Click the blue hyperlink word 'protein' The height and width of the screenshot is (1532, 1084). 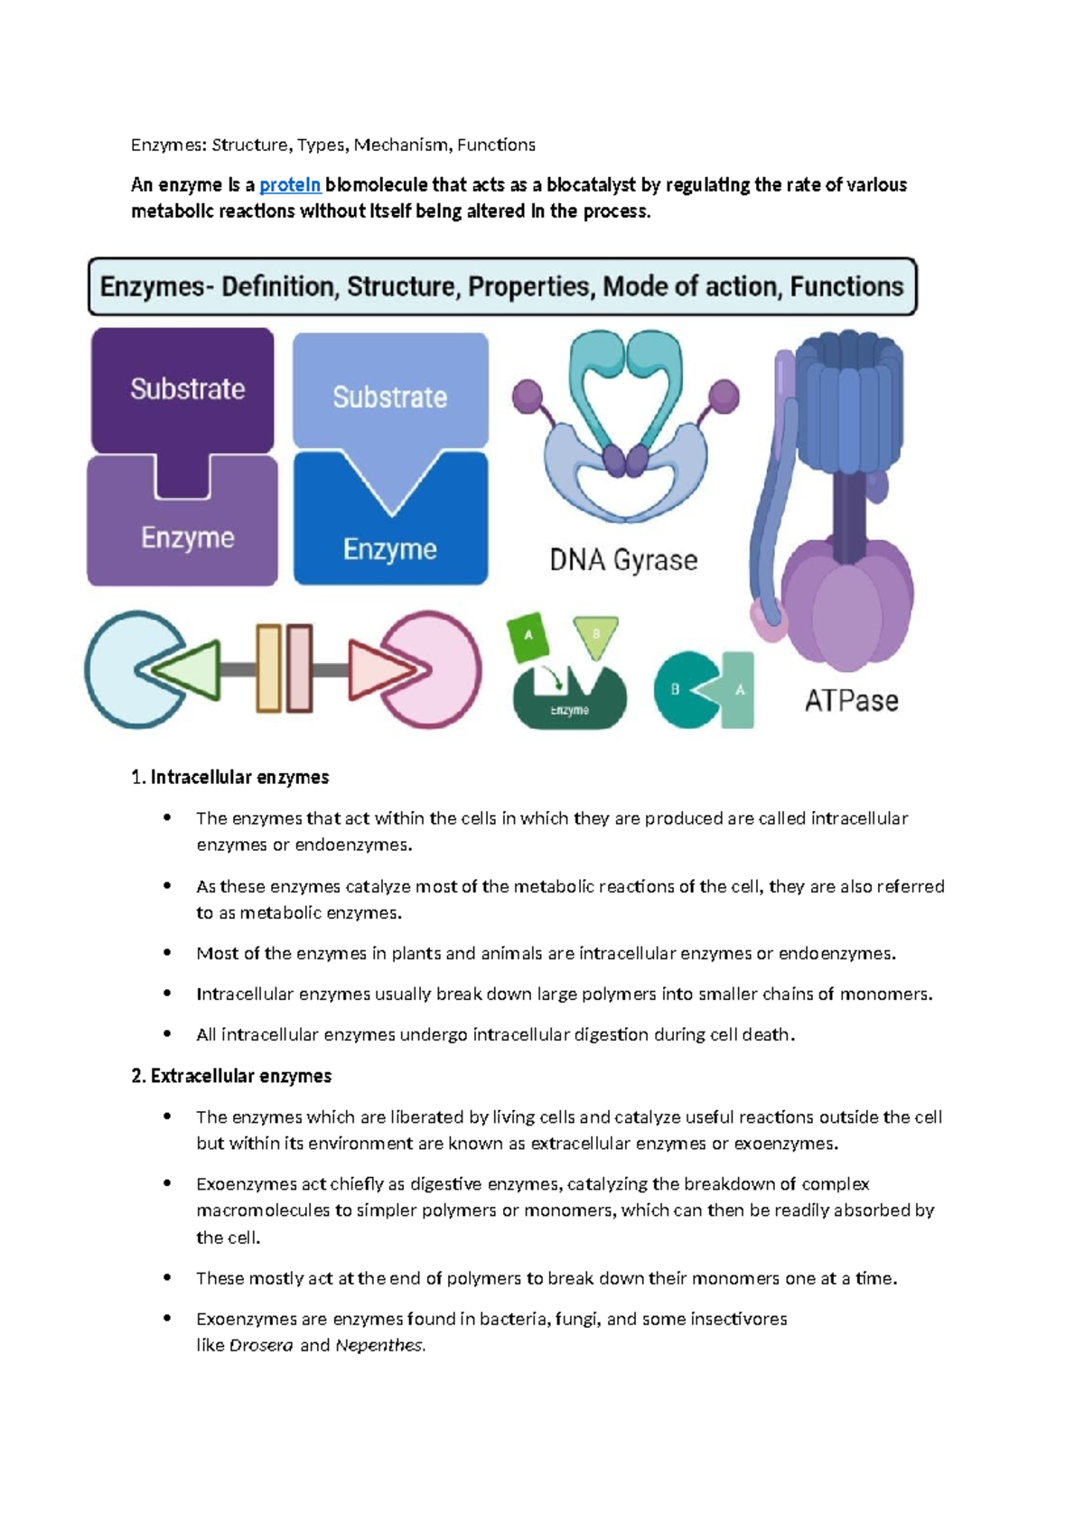pos(290,185)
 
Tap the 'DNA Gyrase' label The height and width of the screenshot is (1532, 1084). pos(623,560)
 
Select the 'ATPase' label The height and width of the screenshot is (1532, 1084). pos(851,700)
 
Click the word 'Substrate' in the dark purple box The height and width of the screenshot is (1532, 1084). pos(188,389)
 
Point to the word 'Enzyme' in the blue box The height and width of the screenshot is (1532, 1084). pos(389,549)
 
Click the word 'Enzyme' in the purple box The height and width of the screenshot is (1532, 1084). pos(187,537)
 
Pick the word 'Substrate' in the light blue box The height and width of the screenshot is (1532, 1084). pos(389,397)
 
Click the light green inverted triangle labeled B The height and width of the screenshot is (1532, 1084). pos(596,636)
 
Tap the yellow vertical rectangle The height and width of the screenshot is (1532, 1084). pos(268,668)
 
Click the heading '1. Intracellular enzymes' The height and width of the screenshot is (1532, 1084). pos(229,778)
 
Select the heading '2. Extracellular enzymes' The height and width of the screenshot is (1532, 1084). pos(231,1076)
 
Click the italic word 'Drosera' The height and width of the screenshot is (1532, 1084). pos(261,1345)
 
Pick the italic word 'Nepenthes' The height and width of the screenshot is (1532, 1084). pos(378,1345)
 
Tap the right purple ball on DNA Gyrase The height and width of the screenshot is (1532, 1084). pos(724,396)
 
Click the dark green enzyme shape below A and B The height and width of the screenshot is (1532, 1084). pos(569,705)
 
